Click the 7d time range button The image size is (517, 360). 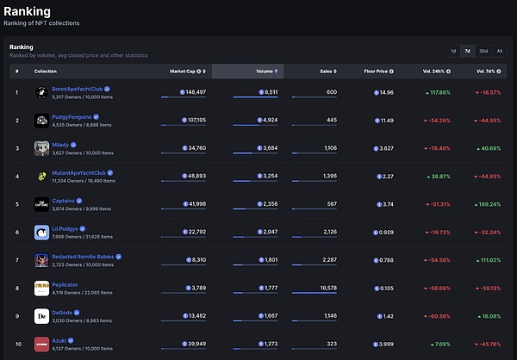coord(467,51)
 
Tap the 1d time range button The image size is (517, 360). coord(453,51)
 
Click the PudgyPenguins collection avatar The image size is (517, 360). coord(40,120)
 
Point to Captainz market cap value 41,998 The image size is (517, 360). coord(194,204)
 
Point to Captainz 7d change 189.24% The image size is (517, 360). coord(488,204)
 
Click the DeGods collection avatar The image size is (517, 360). coord(40,315)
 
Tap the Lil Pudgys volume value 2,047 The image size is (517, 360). coord(266,232)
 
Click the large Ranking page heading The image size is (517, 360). coord(28,11)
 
